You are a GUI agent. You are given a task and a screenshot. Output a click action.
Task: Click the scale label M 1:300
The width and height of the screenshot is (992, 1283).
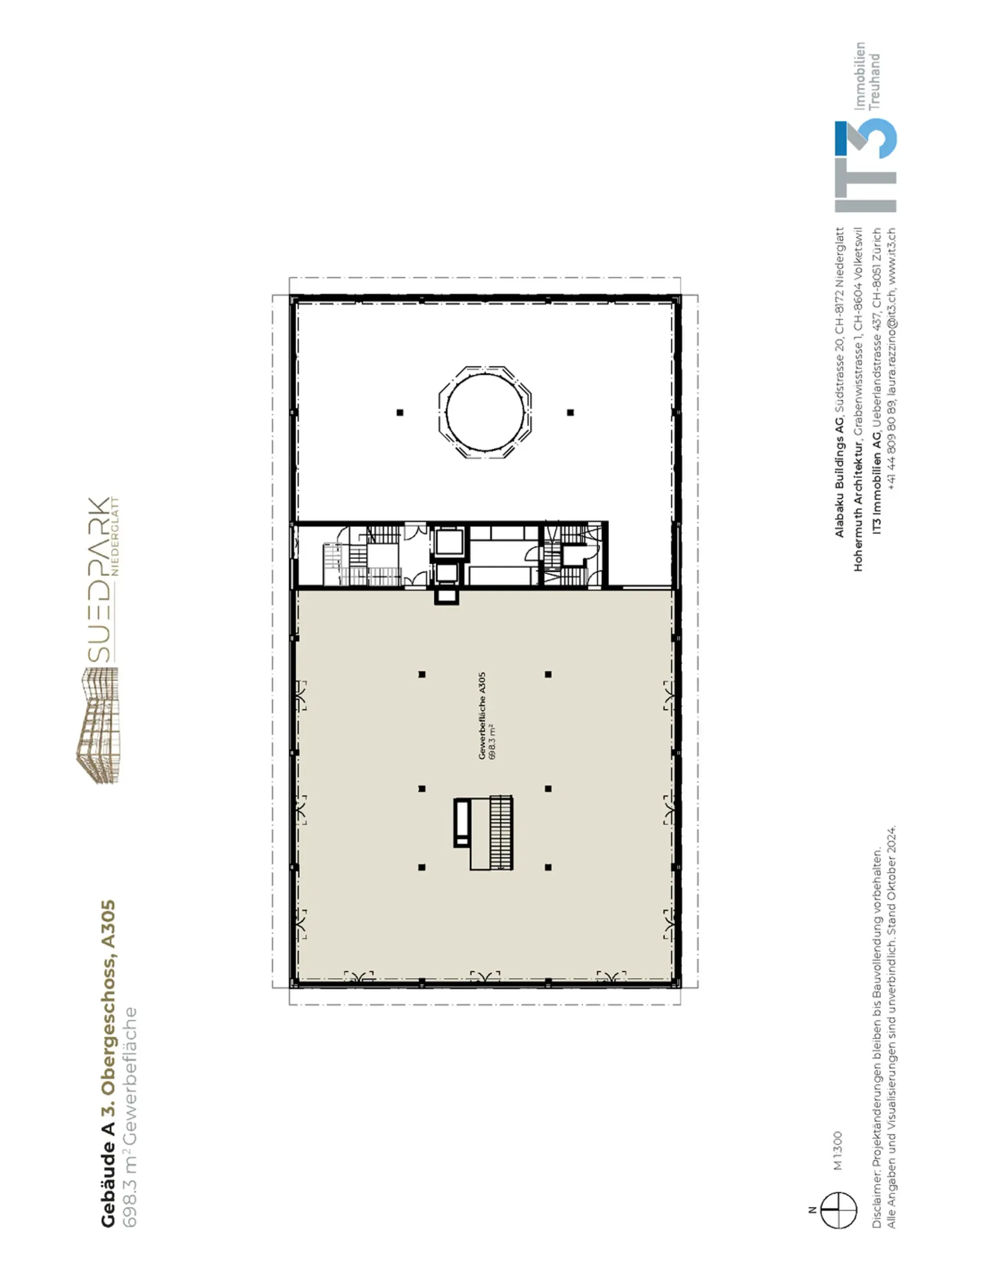(838, 1151)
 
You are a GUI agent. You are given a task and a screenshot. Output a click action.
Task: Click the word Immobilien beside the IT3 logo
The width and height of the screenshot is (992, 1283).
(860, 76)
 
